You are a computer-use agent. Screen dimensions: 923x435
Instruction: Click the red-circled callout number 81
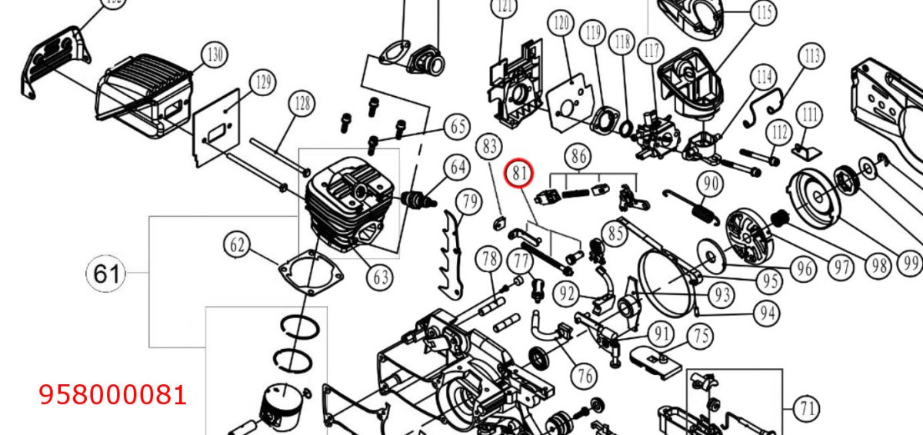pyautogui.click(x=519, y=173)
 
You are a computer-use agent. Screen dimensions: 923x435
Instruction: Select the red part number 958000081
pyautogui.click(x=112, y=395)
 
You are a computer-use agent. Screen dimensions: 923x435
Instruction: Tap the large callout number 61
pyautogui.click(x=106, y=274)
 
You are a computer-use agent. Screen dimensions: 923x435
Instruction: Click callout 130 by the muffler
pyautogui.click(x=215, y=55)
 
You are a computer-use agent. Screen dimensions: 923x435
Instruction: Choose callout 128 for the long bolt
pyautogui.click(x=303, y=103)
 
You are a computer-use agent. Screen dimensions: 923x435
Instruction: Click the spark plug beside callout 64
pyautogui.click(x=418, y=200)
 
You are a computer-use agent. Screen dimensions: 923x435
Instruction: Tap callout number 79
pyautogui.click(x=470, y=201)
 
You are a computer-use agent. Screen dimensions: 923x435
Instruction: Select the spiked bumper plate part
pyautogui.click(x=452, y=255)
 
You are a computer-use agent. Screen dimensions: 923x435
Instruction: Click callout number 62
pyautogui.click(x=237, y=246)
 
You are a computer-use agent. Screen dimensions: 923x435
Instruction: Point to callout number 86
pyautogui.click(x=578, y=156)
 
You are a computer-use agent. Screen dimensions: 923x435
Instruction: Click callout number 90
pyautogui.click(x=711, y=184)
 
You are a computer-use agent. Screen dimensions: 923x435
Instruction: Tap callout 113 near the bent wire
pyautogui.click(x=811, y=55)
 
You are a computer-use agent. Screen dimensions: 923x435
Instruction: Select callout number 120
pyautogui.click(x=561, y=23)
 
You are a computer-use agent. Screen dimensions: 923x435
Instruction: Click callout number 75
pyautogui.click(x=701, y=336)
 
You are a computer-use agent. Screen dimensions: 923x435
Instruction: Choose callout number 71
pyautogui.click(x=807, y=409)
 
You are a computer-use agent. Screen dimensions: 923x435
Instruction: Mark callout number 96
pyautogui.click(x=805, y=269)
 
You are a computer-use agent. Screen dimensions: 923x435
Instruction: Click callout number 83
pyautogui.click(x=489, y=146)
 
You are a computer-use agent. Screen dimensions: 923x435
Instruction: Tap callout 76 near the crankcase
pyautogui.click(x=585, y=376)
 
